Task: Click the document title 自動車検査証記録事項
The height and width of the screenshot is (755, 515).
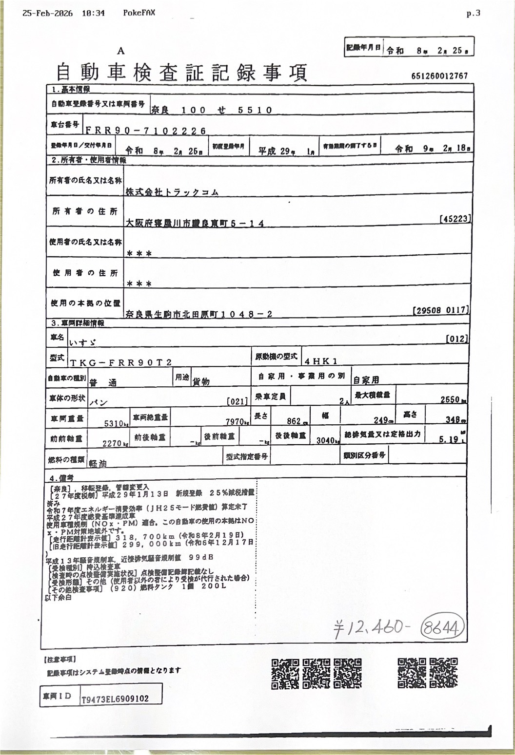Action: point(181,73)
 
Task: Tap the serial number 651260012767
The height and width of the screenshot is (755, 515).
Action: point(439,76)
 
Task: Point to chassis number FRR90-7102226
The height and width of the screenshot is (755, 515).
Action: point(146,131)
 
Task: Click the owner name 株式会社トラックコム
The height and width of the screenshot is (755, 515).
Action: point(172,192)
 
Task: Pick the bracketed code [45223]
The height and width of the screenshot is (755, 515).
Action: point(455,220)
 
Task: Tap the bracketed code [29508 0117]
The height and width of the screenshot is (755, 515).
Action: point(440,310)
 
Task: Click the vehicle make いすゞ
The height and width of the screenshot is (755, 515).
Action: point(83,343)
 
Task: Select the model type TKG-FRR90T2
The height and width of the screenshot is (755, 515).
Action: point(121,362)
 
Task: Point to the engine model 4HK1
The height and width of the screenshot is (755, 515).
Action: point(320,361)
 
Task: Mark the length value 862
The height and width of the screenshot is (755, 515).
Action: point(294,420)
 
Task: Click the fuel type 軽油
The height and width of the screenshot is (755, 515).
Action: point(97,463)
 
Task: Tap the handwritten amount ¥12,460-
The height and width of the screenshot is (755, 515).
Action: point(370,628)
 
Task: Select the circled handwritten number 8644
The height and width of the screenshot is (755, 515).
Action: point(442,628)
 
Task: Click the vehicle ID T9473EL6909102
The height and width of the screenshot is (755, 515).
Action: point(115,698)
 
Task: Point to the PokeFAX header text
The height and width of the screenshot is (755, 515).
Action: point(139,13)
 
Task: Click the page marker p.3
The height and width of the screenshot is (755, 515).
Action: point(473,13)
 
